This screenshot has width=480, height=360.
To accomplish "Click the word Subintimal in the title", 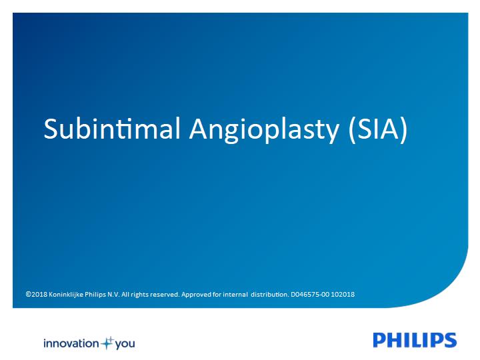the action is point(112,129).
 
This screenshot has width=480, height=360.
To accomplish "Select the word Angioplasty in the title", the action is point(265,130).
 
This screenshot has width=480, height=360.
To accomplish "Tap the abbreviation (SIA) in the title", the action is point(378,129).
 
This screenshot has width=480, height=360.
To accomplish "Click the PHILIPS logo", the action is point(415,340).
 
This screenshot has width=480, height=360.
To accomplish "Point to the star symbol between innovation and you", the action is point(107,343).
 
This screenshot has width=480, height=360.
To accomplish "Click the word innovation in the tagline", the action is point(71,343).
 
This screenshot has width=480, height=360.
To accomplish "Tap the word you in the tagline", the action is point(125,345).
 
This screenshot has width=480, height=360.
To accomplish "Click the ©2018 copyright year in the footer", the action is point(37,295).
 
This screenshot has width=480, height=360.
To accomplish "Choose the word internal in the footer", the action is point(235,295).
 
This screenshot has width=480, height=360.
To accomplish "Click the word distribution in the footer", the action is point(270,295).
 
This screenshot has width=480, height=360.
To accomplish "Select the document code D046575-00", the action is point(310,295).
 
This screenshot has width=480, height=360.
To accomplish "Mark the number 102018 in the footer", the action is point(343,295).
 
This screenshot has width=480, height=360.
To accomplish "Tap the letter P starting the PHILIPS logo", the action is point(379,340).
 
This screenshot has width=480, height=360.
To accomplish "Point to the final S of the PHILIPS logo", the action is point(450,340).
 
